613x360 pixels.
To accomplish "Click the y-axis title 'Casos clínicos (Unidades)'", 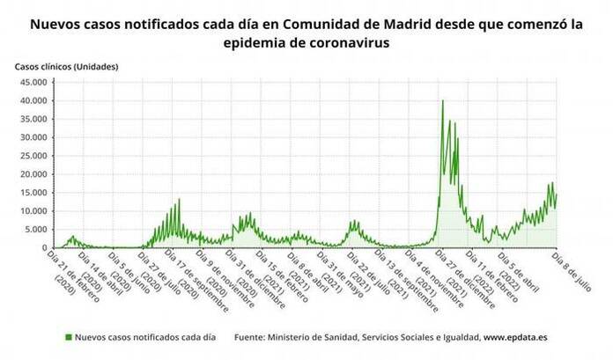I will [x=66, y=66].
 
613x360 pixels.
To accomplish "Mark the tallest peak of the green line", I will [x=442, y=100].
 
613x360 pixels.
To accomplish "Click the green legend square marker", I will [x=68, y=337].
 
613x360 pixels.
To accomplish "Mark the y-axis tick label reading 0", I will [x=45, y=248].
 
